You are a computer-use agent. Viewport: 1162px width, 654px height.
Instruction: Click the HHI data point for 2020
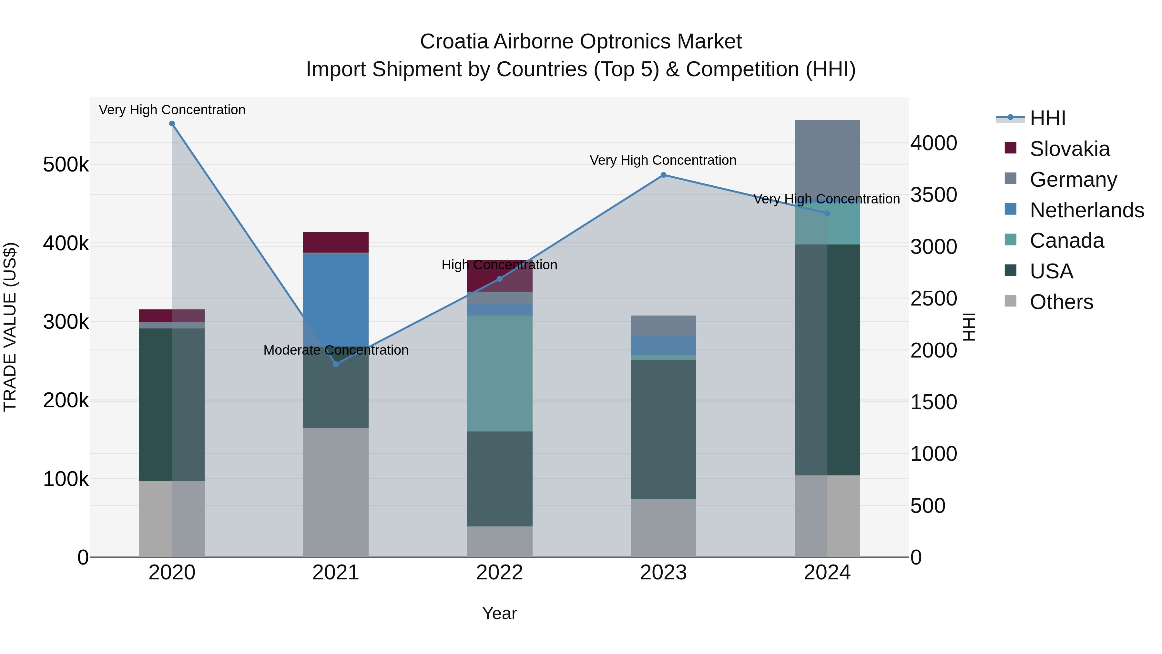172,124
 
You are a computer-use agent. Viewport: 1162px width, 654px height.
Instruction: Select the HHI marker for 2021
336,364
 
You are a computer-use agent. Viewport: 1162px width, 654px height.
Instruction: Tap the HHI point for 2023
663,175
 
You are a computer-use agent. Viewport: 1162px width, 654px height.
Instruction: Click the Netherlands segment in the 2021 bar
336,300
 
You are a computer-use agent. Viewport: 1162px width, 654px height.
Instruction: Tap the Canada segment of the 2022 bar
499,373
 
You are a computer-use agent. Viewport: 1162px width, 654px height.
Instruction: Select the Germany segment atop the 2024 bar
827,158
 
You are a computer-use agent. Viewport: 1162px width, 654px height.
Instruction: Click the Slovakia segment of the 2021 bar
336,242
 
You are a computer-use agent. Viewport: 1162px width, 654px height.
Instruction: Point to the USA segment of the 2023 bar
663,429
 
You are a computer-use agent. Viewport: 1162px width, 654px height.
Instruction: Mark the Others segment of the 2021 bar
336,492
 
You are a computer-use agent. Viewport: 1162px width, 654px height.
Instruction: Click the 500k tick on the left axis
66,165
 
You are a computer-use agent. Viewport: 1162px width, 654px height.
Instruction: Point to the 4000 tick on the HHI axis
933,143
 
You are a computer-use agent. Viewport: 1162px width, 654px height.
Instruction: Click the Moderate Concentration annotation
336,350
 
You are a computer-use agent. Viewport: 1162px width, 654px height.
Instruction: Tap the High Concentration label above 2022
499,265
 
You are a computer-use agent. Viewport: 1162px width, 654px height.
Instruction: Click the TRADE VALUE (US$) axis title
10,327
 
